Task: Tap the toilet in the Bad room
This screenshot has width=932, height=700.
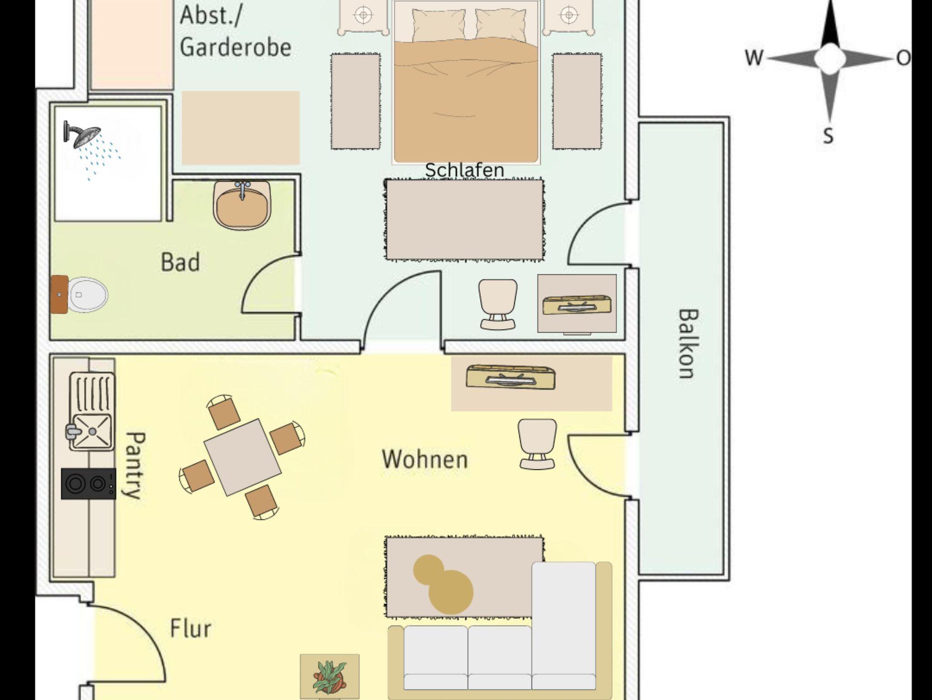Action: coord(86,295)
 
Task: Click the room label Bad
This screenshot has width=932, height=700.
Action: coord(180,263)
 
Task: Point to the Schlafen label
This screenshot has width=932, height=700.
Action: coord(464,170)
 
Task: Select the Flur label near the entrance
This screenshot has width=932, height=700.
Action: coord(191,629)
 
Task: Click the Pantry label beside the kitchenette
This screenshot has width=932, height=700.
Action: coord(135,465)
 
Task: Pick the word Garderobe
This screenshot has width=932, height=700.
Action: coord(235,47)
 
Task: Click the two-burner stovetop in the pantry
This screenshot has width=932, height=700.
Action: coord(88,483)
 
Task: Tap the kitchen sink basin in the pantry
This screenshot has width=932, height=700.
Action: coord(92,431)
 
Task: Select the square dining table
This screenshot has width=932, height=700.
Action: coord(242,457)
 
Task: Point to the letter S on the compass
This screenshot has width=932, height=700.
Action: coord(829,136)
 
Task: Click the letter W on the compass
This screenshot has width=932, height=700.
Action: coord(754,58)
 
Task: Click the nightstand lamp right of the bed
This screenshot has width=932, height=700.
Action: coord(569,15)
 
